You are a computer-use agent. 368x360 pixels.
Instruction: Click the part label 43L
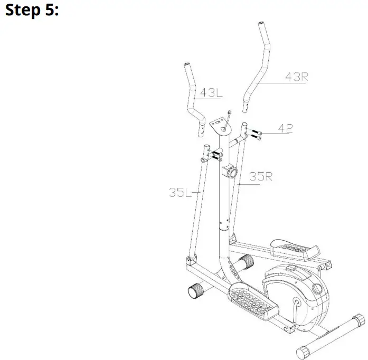(211, 93)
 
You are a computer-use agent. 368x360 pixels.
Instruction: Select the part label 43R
(296, 77)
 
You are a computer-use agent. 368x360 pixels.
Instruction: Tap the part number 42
(285, 128)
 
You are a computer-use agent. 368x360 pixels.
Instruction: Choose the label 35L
(180, 193)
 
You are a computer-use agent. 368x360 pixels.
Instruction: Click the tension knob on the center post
(230, 171)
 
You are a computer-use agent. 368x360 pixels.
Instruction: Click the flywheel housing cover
(296, 290)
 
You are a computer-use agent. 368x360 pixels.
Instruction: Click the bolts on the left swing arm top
(218, 154)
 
